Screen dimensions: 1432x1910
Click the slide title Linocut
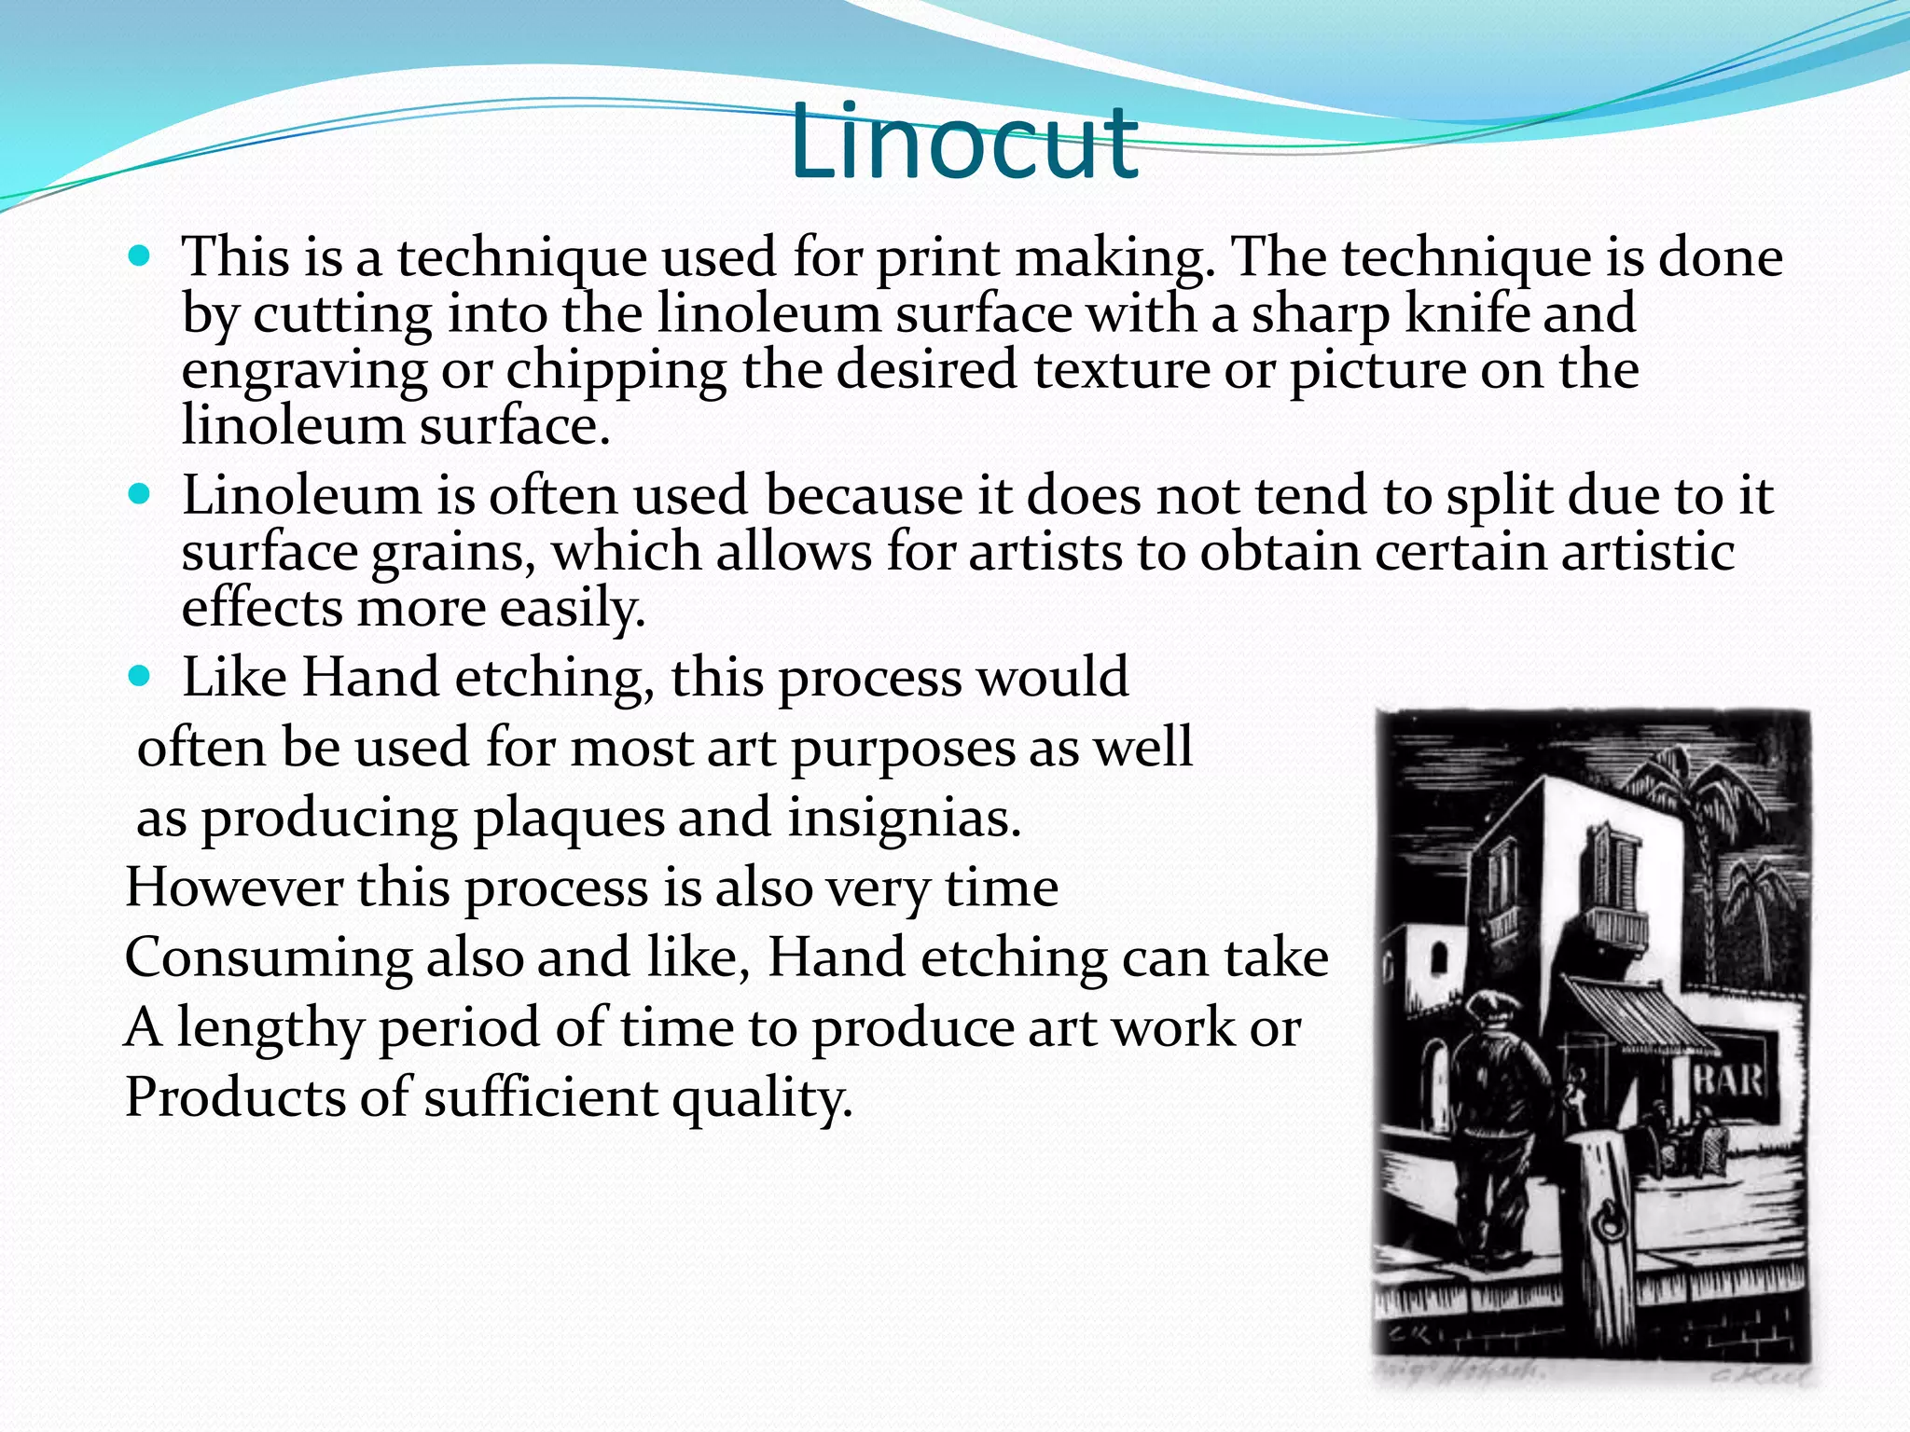(x=962, y=145)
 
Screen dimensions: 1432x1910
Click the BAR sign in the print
(x=1727, y=1080)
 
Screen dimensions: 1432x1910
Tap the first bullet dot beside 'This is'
(x=139, y=255)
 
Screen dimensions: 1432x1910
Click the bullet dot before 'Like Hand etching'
(x=139, y=676)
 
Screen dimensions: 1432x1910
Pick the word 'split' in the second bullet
(x=1499, y=495)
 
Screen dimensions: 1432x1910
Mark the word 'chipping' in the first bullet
(x=616, y=371)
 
